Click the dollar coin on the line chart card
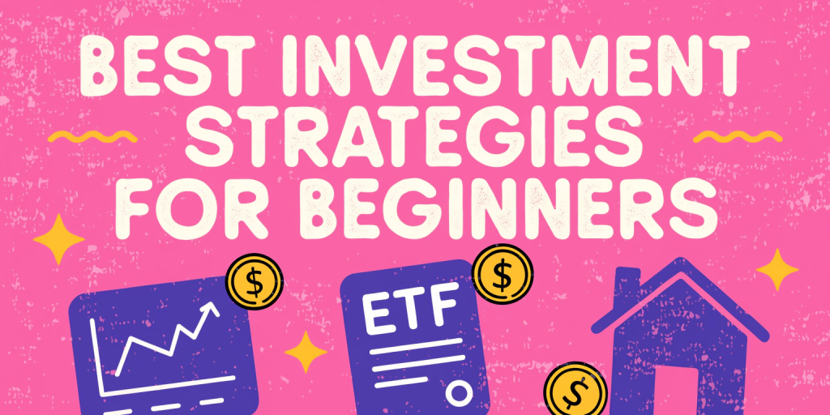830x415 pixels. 255,281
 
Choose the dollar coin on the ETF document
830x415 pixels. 502,273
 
